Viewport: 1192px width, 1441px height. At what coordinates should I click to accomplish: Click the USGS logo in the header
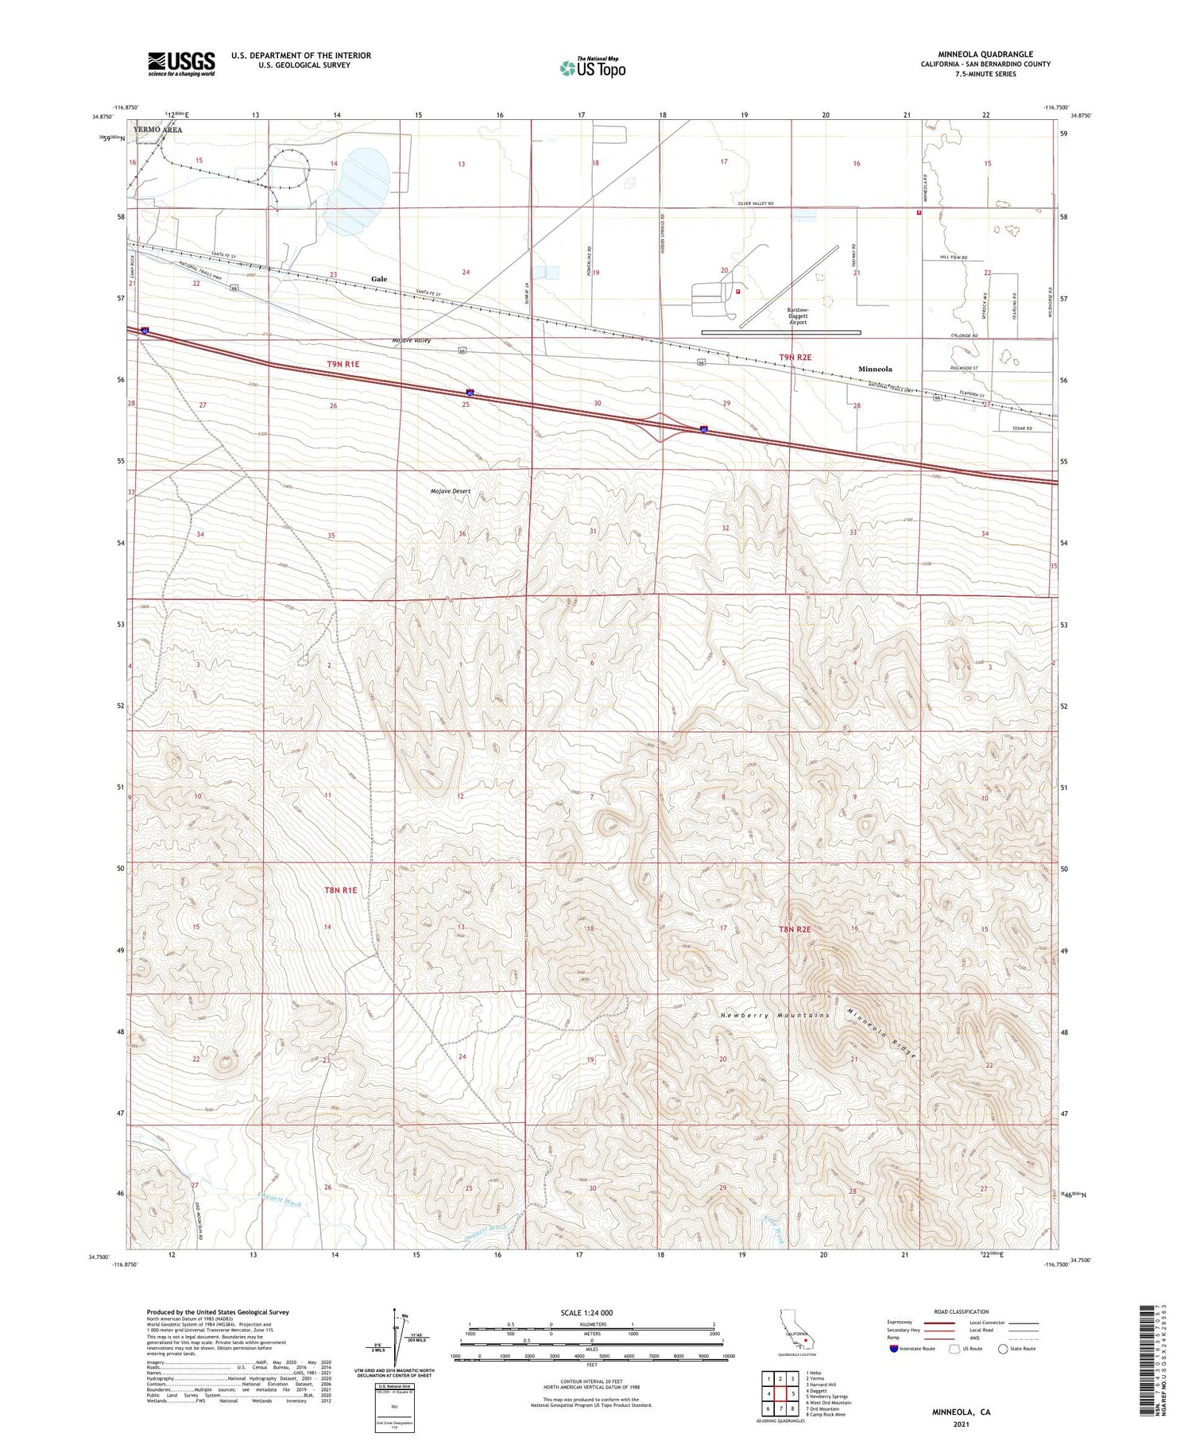click(181, 64)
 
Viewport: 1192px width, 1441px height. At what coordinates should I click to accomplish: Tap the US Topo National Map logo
click(593, 68)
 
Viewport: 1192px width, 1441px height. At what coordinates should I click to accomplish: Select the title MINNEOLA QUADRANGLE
click(985, 54)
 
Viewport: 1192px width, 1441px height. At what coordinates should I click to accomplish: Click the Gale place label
click(379, 279)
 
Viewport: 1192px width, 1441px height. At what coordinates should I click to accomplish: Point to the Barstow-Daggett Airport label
click(798, 316)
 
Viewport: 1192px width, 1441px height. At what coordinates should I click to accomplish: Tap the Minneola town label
click(875, 369)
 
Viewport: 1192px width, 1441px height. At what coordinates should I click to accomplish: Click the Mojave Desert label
click(451, 491)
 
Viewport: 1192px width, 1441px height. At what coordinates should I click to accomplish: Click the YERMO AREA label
click(158, 130)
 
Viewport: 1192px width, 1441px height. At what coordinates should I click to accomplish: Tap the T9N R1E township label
click(343, 364)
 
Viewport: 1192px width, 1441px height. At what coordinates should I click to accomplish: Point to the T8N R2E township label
click(795, 928)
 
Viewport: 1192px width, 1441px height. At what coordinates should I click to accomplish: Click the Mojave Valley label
click(412, 340)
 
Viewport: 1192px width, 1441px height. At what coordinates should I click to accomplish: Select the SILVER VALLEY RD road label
click(756, 204)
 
